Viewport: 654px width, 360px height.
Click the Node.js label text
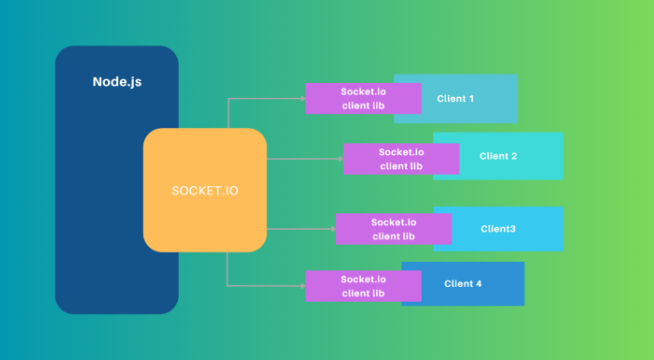click(x=117, y=82)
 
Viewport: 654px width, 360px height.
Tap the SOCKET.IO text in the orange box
click(x=205, y=191)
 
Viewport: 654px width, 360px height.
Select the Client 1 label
click(x=455, y=99)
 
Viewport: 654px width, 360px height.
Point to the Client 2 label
click(x=498, y=156)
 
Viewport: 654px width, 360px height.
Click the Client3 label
click(x=498, y=229)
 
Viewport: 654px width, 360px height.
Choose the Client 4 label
click(x=463, y=284)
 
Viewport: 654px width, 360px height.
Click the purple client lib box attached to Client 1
click(x=363, y=98)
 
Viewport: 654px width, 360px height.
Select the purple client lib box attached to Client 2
click(x=401, y=159)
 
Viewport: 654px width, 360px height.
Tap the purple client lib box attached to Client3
click(x=394, y=229)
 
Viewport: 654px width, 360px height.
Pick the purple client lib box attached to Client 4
click(x=363, y=286)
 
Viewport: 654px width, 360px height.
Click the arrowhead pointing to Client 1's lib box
click(x=303, y=98)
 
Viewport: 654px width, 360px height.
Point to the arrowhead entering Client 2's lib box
click(x=341, y=159)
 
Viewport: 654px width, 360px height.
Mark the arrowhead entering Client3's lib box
click(x=333, y=229)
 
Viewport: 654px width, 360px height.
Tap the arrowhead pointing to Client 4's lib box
click(x=303, y=286)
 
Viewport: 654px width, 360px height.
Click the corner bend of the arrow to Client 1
click(x=228, y=99)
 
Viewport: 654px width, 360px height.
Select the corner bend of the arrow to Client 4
click(x=227, y=286)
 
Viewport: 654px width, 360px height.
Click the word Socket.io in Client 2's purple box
click(x=401, y=152)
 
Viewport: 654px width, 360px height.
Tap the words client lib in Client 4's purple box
click(x=363, y=293)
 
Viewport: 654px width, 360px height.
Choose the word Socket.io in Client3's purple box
click(x=394, y=222)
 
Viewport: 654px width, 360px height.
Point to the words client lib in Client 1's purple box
click(x=363, y=106)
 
